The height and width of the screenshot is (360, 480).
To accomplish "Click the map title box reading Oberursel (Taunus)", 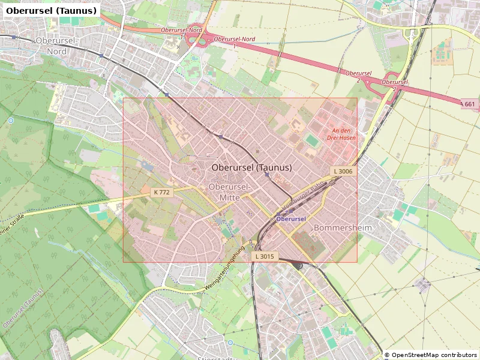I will (51, 11).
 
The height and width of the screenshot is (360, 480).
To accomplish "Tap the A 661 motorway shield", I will (469, 104).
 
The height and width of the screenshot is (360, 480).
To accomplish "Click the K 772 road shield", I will (161, 193).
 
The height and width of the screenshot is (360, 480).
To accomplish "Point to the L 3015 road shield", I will (264, 257).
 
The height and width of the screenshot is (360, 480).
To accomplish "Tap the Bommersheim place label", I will (343, 228).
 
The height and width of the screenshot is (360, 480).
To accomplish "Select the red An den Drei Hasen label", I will (340, 134).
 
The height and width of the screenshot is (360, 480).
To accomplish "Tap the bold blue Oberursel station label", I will (292, 219).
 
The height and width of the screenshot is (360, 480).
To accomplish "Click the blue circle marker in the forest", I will (11, 121).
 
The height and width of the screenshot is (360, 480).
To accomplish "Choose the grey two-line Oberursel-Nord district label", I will (56, 46).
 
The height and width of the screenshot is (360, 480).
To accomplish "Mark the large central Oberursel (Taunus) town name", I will (252, 167).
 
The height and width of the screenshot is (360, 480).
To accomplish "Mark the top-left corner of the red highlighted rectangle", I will (124, 98).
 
